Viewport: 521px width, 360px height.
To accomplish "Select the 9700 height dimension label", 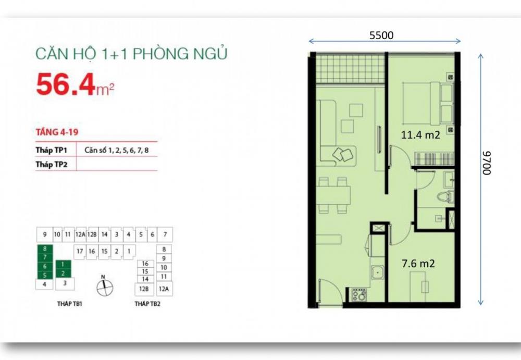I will pyautogui.click(x=487, y=163).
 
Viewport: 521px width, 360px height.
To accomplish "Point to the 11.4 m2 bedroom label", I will pyautogui.click(x=420, y=135).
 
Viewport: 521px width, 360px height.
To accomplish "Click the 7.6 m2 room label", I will pyautogui.click(x=418, y=264).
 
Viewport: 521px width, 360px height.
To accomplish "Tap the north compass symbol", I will pyautogui.click(x=104, y=286).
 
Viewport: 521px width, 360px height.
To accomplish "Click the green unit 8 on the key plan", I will pyautogui.click(x=45, y=249).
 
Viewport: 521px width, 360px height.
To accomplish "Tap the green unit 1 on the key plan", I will pyautogui.click(x=63, y=264).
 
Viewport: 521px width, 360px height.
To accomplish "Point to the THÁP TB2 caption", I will pyautogui.click(x=147, y=304).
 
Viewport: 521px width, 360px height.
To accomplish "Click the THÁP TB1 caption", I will pyautogui.click(x=70, y=304).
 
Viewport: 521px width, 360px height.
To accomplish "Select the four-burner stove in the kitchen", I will pyautogui.click(x=358, y=295).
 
